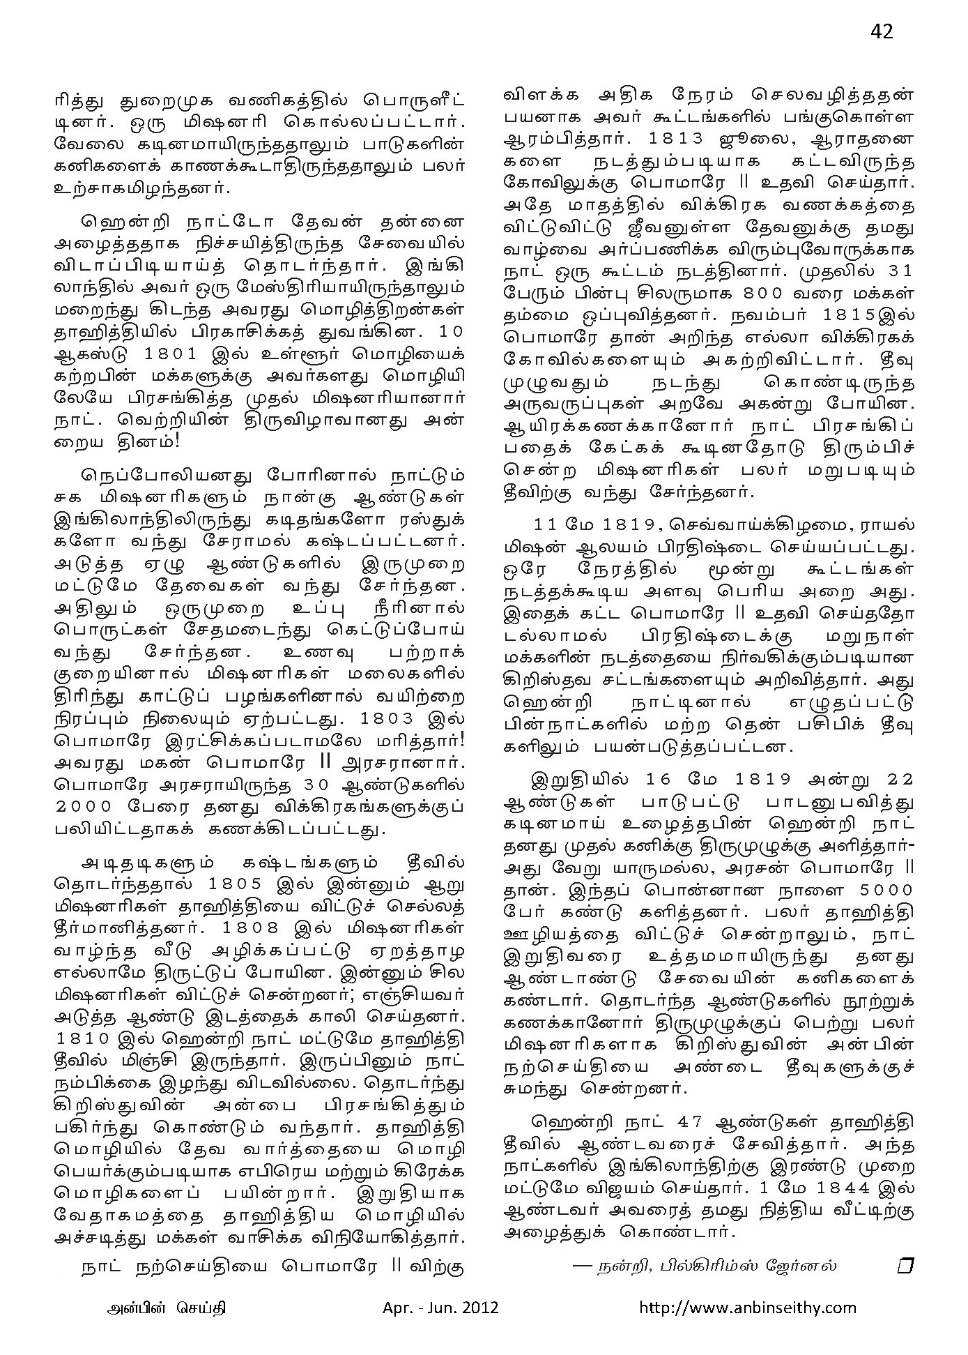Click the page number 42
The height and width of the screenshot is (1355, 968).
(x=882, y=31)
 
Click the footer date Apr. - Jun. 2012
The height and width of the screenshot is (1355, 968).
(x=440, y=1307)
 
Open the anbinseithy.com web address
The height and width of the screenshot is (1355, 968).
(x=748, y=1307)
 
